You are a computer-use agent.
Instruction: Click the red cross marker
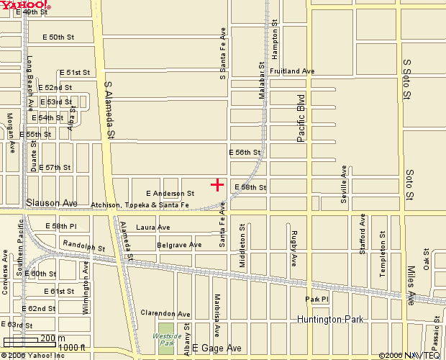point(217,185)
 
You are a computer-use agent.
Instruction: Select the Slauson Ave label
point(52,204)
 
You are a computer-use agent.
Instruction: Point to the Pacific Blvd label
point(301,117)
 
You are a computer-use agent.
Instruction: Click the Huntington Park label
point(331,319)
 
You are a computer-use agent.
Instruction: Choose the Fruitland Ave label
point(292,71)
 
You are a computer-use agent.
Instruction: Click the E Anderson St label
point(170,194)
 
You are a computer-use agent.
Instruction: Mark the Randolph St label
point(78,245)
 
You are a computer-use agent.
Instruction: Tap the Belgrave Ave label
point(179,246)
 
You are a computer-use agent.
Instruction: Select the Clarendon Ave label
point(165,314)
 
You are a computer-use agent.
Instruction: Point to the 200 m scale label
point(53,338)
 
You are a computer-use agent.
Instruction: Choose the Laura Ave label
point(153,228)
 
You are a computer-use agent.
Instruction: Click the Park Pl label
point(317,299)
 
